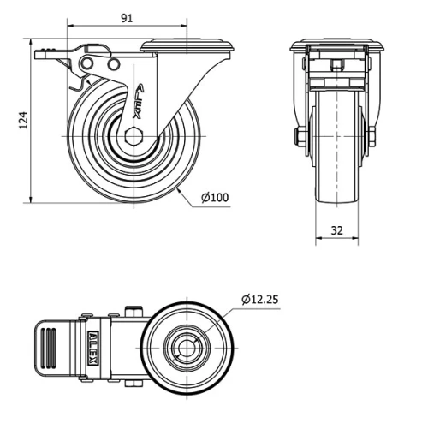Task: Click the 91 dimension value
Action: click(x=125, y=16)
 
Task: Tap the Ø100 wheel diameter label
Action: click(x=215, y=198)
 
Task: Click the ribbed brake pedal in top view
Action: click(x=52, y=348)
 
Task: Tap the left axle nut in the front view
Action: click(x=300, y=137)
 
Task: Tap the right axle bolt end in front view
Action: click(x=373, y=137)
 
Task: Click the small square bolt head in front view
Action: click(x=336, y=64)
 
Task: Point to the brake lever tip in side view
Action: click(x=42, y=55)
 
